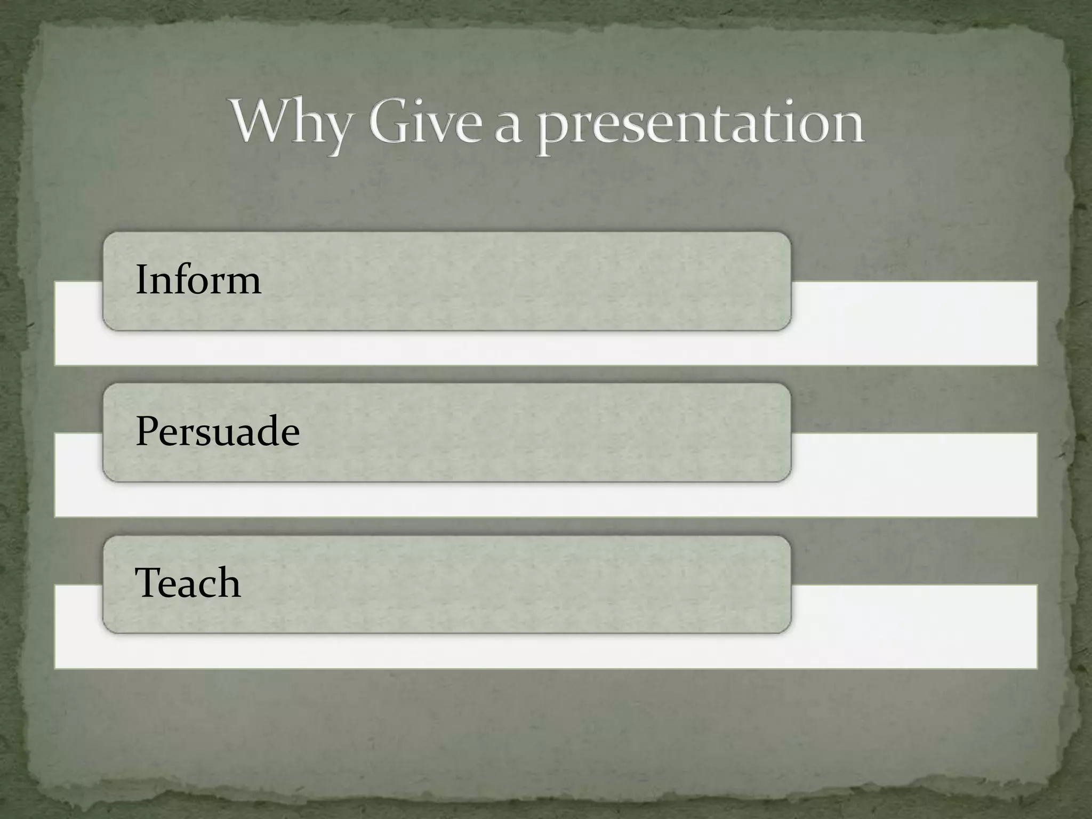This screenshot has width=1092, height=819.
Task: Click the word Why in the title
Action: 291,124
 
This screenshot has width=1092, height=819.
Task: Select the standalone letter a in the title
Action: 508,128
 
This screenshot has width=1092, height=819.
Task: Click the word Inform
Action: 198,280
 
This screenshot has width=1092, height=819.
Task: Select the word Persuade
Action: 218,432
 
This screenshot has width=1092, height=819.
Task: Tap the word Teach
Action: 188,583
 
